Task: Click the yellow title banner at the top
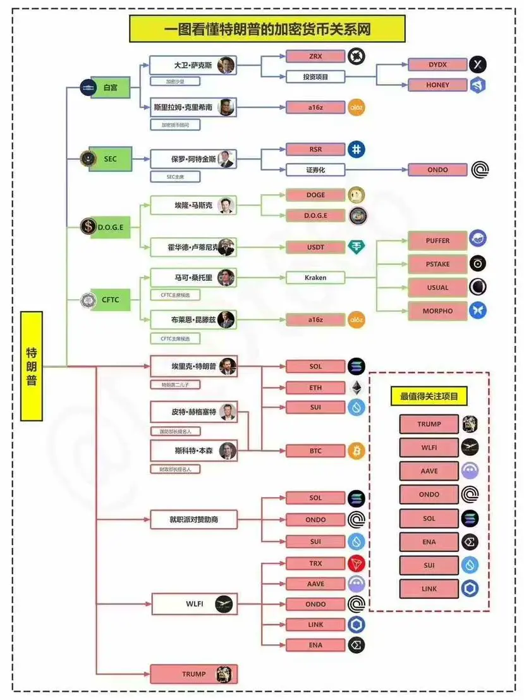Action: coord(267,29)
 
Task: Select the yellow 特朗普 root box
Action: coord(31,365)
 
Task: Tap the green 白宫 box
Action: coord(110,87)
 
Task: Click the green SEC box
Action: coord(110,159)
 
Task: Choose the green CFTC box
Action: coord(110,300)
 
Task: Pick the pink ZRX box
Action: coord(315,56)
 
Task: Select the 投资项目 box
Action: coord(315,77)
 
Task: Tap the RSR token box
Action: coord(315,149)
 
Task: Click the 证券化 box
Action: coord(315,169)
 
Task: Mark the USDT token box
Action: coord(315,247)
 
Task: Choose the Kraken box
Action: coord(315,278)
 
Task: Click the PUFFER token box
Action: coord(437,241)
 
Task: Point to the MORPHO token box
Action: coord(437,310)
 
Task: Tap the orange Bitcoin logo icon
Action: coord(356,451)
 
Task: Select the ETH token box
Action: coord(315,387)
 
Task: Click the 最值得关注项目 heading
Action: coord(429,397)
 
